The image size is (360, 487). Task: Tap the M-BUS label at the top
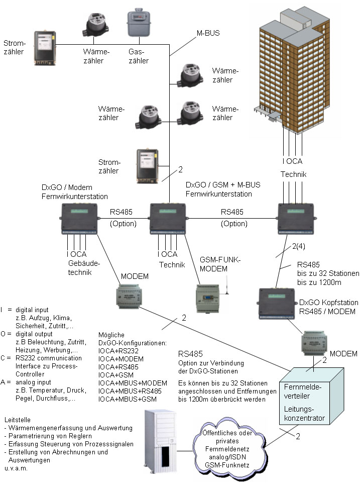[208, 34]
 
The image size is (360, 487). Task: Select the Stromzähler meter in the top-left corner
[46, 48]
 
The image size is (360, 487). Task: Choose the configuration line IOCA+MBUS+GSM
[127, 399]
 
